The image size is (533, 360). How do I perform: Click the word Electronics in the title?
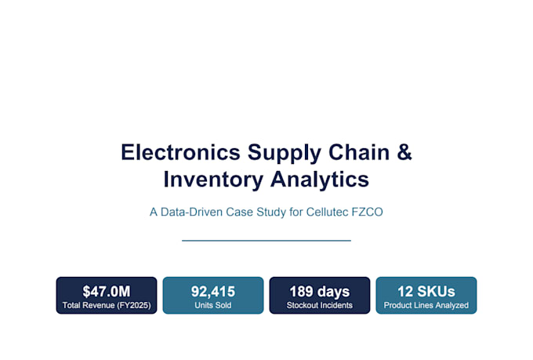click(180, 152)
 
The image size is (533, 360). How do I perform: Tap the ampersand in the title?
click(404, 152)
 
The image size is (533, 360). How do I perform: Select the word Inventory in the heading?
click(213, 180)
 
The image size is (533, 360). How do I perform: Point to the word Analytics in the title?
click(320, 180)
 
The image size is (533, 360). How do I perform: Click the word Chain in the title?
click(359, 152)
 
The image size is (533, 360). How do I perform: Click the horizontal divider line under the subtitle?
click(266, 241)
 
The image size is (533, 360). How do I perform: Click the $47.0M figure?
click(107, 292)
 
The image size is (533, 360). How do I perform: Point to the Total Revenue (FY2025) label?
click(107, 305)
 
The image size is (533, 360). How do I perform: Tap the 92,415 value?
click(213, 292)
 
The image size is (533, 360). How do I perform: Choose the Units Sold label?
click(213, 305)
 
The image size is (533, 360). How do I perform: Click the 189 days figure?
click(320, 292)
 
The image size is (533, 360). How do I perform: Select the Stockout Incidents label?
click(320, 305)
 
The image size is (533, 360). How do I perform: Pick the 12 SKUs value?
click(426, 292)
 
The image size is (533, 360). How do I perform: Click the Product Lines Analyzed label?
click(426, 305)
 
